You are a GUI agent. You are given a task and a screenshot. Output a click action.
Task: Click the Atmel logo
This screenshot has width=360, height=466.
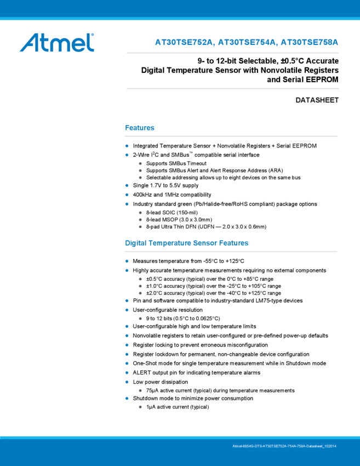coord(56,42)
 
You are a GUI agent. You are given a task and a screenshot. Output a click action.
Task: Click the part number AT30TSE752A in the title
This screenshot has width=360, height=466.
coord(184,43)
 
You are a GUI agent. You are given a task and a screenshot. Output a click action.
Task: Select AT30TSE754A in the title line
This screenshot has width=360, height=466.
coord(247,43)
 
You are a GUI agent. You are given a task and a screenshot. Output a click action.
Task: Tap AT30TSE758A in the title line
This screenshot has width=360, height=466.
coord(310,43)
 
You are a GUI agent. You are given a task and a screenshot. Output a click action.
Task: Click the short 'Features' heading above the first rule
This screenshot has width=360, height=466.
coord(140,128)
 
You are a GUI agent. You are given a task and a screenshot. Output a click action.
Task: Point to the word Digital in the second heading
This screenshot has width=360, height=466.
coord(136,243)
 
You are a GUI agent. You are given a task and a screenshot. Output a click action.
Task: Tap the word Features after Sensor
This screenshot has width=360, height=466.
coord(234,243)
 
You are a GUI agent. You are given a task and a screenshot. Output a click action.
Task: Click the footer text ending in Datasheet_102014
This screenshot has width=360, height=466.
coord(284,447)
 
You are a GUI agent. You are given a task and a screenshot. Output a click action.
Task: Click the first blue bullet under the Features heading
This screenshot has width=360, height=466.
coord(127,146)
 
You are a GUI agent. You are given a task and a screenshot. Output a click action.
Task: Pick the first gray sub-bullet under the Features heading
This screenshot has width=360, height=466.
coord(140,163)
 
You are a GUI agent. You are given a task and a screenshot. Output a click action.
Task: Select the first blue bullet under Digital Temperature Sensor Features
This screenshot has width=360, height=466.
coord(127,261)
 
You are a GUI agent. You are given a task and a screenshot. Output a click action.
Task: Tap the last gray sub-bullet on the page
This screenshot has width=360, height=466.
coord(140,407)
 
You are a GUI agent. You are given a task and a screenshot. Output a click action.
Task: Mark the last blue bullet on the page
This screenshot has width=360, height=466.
coord(127,398)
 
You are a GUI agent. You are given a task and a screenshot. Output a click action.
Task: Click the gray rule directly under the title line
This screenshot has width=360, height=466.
coord(232,53)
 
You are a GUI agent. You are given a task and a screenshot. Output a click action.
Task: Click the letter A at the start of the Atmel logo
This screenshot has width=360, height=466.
coord(29,43)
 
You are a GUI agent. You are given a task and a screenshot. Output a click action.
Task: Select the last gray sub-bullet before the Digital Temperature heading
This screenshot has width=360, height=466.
coord(140,226)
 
